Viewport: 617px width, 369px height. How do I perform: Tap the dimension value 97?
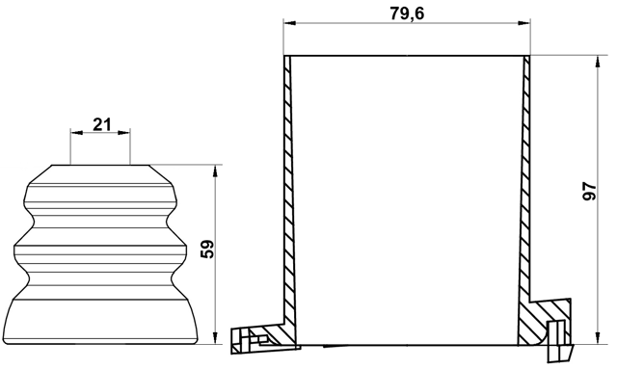tap(589, 191)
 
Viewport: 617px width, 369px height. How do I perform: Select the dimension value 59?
tap(207, 249)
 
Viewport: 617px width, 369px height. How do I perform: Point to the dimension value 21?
tap(102, 124)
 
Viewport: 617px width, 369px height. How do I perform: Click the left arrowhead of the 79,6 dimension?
tap(289, 23)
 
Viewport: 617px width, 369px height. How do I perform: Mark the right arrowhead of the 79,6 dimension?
tap(523, 23)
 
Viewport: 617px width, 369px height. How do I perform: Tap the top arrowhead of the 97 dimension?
tap(598, 63)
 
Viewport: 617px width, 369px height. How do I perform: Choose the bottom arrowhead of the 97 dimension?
tap(598, 338)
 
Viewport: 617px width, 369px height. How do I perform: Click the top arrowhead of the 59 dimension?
tap(215, 171)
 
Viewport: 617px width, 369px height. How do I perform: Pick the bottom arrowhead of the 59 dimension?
tap(215, 338)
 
